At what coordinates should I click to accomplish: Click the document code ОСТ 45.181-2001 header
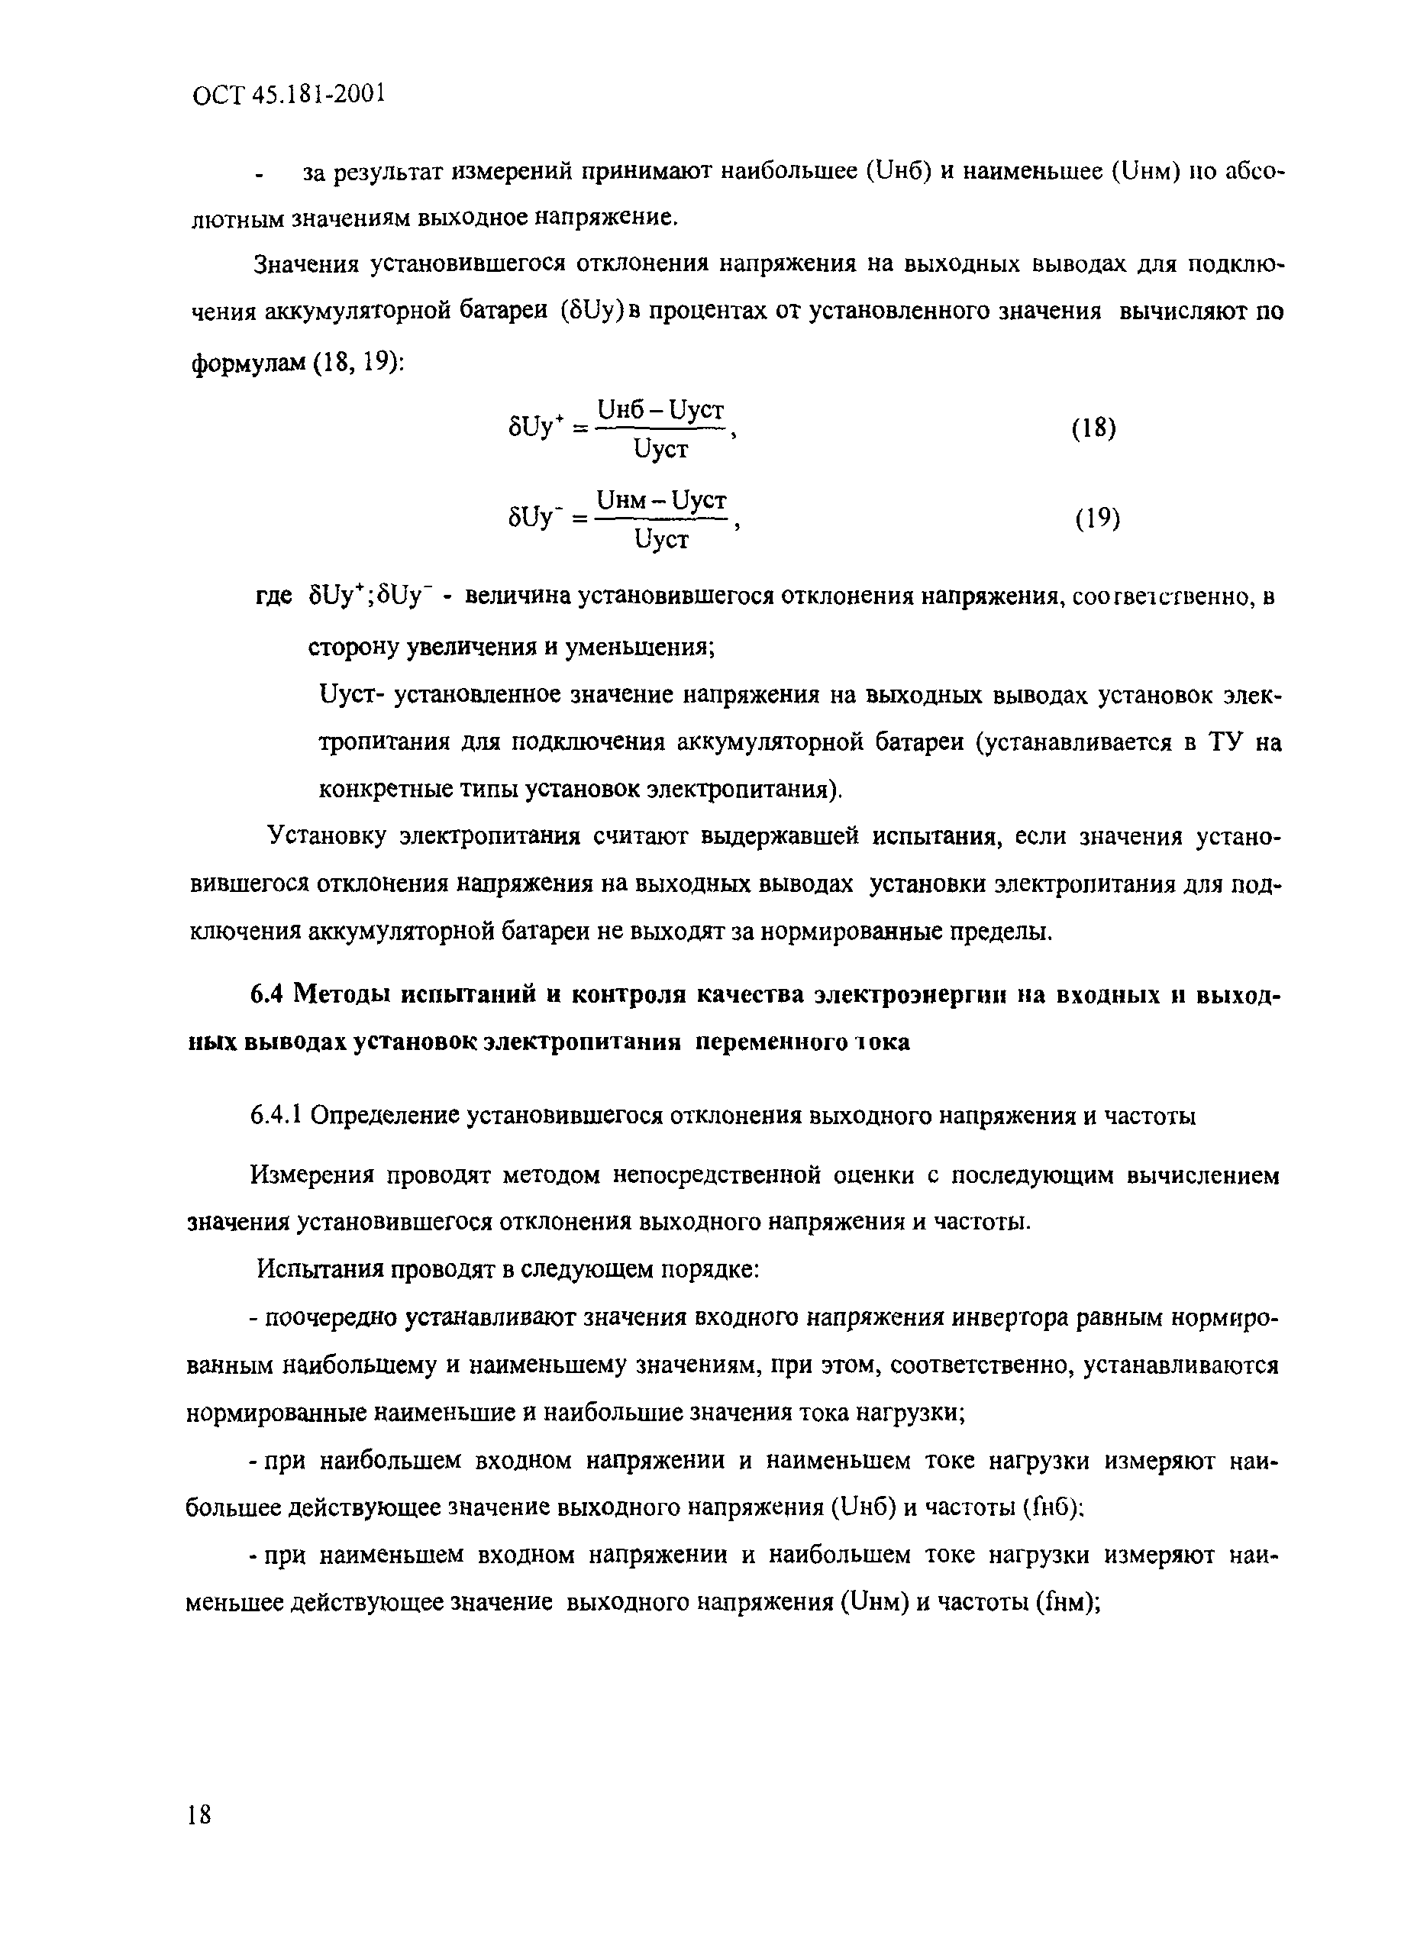click(x=288, y=93)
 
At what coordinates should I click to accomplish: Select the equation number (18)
click(x=1094, y=428)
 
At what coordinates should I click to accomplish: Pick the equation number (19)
click(x=1096, y=518)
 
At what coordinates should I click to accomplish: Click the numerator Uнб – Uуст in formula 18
click(x=661, y=411)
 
